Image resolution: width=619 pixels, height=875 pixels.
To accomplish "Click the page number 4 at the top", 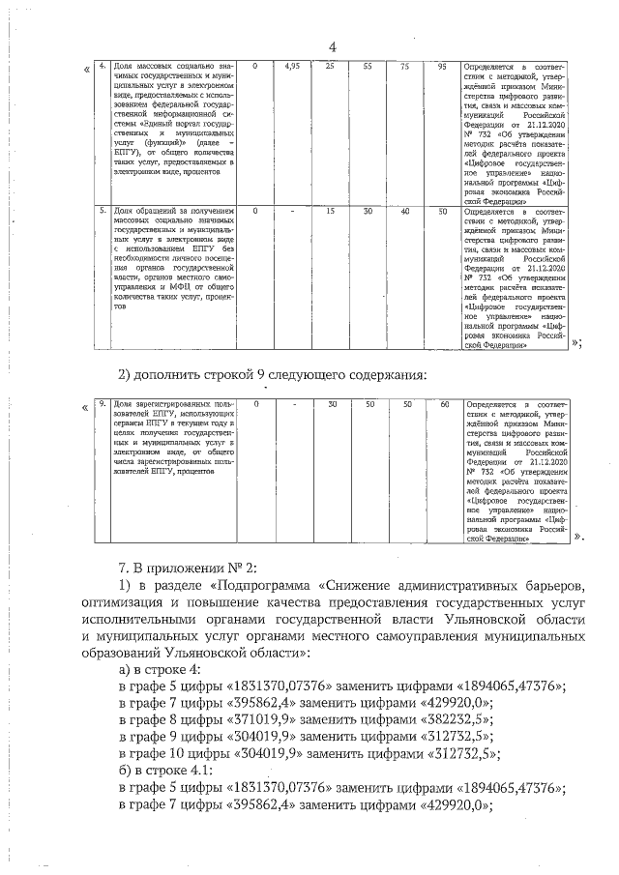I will tap(332, 48).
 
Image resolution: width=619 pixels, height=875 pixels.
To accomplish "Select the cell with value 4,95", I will tap(293, 66).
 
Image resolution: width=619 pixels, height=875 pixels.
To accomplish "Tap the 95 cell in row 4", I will tap(442, 66).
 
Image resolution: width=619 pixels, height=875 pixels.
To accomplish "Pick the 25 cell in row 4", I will tap(331, 66).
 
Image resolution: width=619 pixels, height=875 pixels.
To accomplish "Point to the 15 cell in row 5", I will tap(331, 210).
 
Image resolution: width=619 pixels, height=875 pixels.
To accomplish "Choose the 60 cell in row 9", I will tap(444, 403).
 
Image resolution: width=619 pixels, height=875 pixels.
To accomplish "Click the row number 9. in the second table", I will tap(103, 403).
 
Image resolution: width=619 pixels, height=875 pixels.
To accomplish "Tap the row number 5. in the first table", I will tap(103, 210).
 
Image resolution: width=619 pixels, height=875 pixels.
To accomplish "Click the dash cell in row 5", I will tap(293, 210).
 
